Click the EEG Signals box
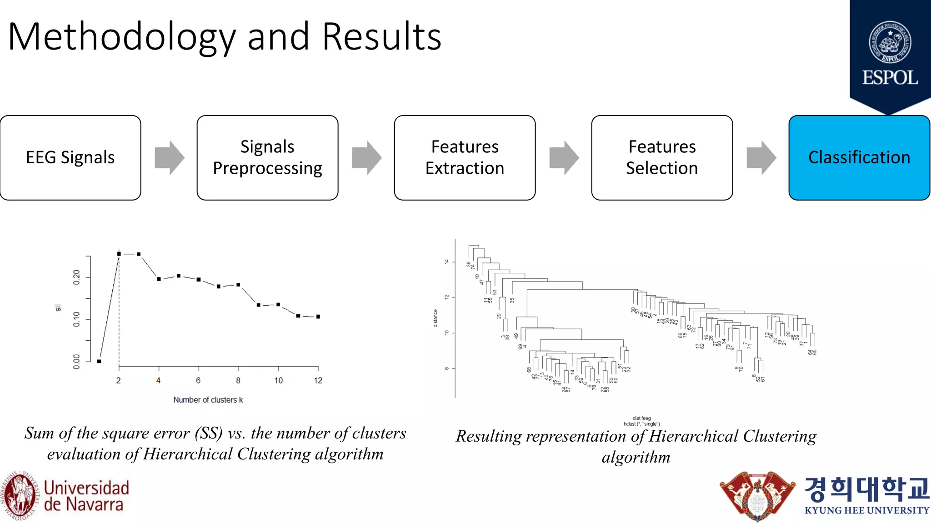(x=70, y=157)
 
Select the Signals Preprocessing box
(x=267, y=157)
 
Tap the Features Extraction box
(x=465, y=157)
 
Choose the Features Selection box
(x=662, y=157)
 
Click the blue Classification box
(x=859, y=157)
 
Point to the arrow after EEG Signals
(x=169, y=157)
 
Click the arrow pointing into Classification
(x=761, y=157)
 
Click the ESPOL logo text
(x=890, y=78)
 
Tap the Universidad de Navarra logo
(x=66, y=496)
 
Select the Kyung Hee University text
(x=866, y=510)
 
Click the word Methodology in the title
(x=121, y=37)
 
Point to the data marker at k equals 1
(x=99, y=361)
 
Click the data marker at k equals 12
(x=318, y=317)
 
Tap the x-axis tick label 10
(x=278, y=381)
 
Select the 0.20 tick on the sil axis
(x=76, y=277)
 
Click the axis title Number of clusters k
(x=208, y=400)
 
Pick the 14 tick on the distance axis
(x=447, y=262)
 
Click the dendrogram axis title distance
(x=435, y=318)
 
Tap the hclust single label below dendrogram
(x=641, y=424)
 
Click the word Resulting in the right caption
(x=489, y=436)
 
